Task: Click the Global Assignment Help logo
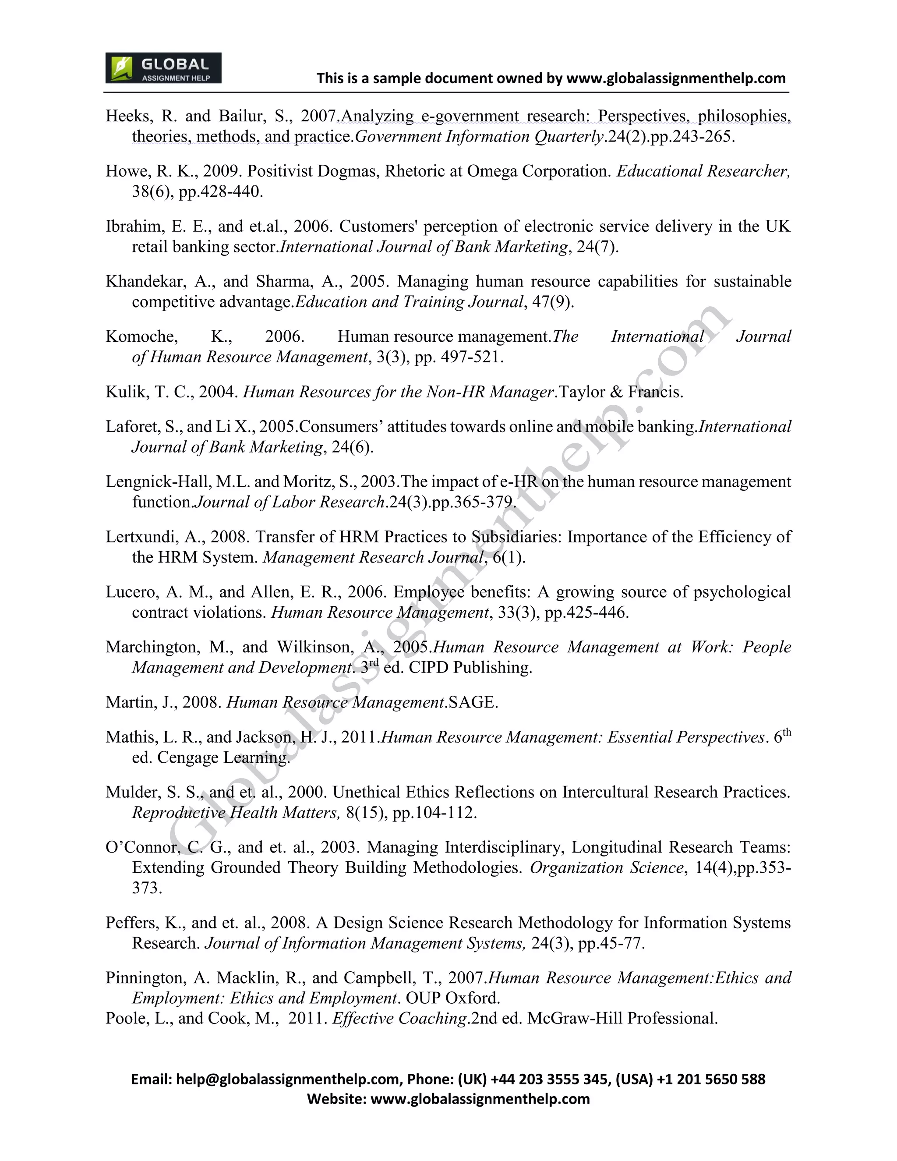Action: [163, 68]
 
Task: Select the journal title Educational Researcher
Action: [703, 171]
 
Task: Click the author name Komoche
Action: [141, 336]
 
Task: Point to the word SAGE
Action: [473, 702]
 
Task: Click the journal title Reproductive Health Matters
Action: [235, 812]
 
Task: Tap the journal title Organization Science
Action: [606, 867]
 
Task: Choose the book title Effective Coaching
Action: [399, 1018]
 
